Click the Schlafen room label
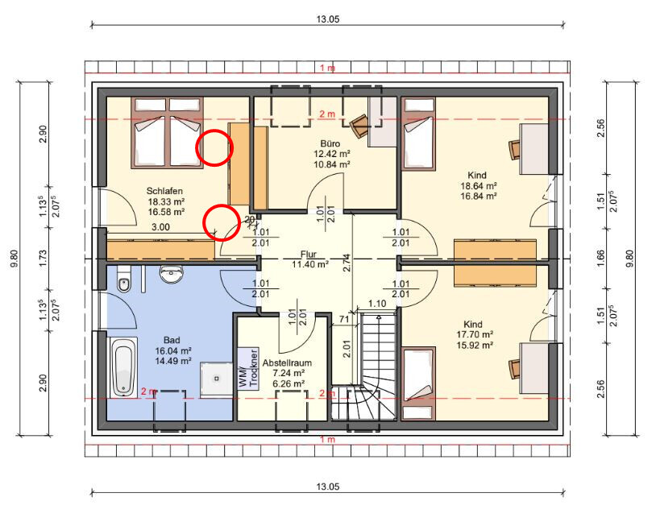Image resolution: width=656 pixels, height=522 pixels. pyautogui.click(x=164, y=191)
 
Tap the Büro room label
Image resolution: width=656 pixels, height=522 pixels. pyautogui.click(x=330, y=143)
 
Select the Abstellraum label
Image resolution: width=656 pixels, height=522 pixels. pyautogui.click(x=287, y=363)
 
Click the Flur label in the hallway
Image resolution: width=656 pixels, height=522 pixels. pyautogui.click(x=309, y=255)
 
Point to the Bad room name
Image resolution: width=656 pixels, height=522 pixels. pyautogui.click(x=172, y=340)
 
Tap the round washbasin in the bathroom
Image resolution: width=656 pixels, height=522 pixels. pyautogui.click(x=172, y=274)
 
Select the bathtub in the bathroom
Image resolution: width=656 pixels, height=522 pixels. pyautogui.click(x=123, y=367)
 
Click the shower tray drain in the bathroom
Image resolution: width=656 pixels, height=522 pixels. pyautogui.click(x=217, y=379)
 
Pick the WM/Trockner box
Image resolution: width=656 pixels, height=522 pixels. pyautogui.click(x=248, y=368)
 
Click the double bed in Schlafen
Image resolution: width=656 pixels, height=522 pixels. pyautogui.click(x=168, y=133)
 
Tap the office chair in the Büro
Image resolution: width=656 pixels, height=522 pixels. pyautogui.click(x=359, y=126)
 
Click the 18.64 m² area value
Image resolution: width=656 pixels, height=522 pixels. pyautogui.click(x=479, y=186)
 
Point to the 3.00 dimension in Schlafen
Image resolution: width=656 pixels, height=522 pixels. pyautogui.click(x=160, y=227)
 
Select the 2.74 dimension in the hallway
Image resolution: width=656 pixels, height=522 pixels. pyautogui.click(x=347, y=263)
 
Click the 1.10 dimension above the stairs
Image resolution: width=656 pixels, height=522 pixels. pyautogui.click(x=377, y=303)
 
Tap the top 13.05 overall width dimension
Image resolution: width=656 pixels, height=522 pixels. pyautogui.click(x=328, y=19)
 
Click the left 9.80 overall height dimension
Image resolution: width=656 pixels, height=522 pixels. pyautogui.click(x=15, y=259)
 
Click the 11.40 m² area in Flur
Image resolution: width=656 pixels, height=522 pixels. pyautogui.click(x=310, y=264)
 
